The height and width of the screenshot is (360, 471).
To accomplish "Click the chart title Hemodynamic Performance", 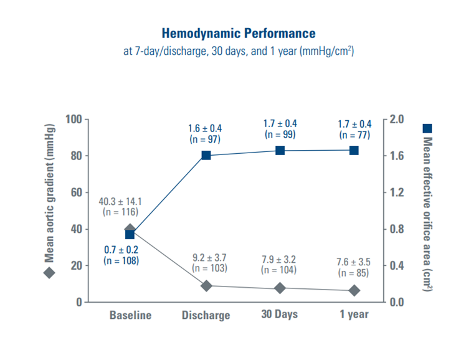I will (x=239, y=33).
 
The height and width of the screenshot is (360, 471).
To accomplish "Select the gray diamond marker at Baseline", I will (x=130, y=229).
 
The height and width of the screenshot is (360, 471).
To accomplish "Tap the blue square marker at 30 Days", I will (x=280, y=150).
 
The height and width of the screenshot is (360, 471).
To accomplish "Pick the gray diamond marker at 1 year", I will (x=354, y=290).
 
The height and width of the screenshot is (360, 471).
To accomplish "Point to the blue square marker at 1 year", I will (x=354, y=150).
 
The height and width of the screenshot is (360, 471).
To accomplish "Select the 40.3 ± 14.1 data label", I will (x=121, y=201).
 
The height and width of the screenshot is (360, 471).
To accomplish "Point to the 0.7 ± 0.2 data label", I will (x=121, y=249).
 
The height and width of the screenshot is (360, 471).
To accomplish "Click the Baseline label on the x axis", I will (x=130, y=315).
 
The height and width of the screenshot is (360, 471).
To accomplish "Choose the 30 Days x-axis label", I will (x=279, y=314).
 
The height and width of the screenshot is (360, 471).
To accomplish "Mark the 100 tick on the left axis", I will (x=74, y=119).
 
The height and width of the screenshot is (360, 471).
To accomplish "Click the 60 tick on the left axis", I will (x=77, y=192).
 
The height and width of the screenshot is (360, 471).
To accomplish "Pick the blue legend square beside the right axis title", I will (x=427, y=128).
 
